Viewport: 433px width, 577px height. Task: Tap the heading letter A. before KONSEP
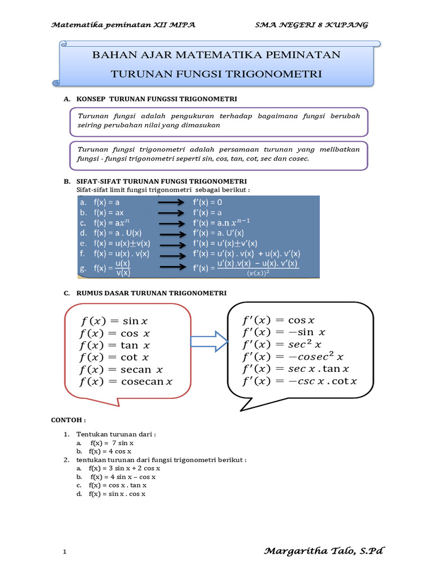[x=67, y=99]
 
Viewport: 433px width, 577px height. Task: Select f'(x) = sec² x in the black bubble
[x=282, y=344]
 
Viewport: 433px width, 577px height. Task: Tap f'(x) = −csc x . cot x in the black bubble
[x=299, y=381]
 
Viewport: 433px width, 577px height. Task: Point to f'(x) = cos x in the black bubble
[x=279, y=320]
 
